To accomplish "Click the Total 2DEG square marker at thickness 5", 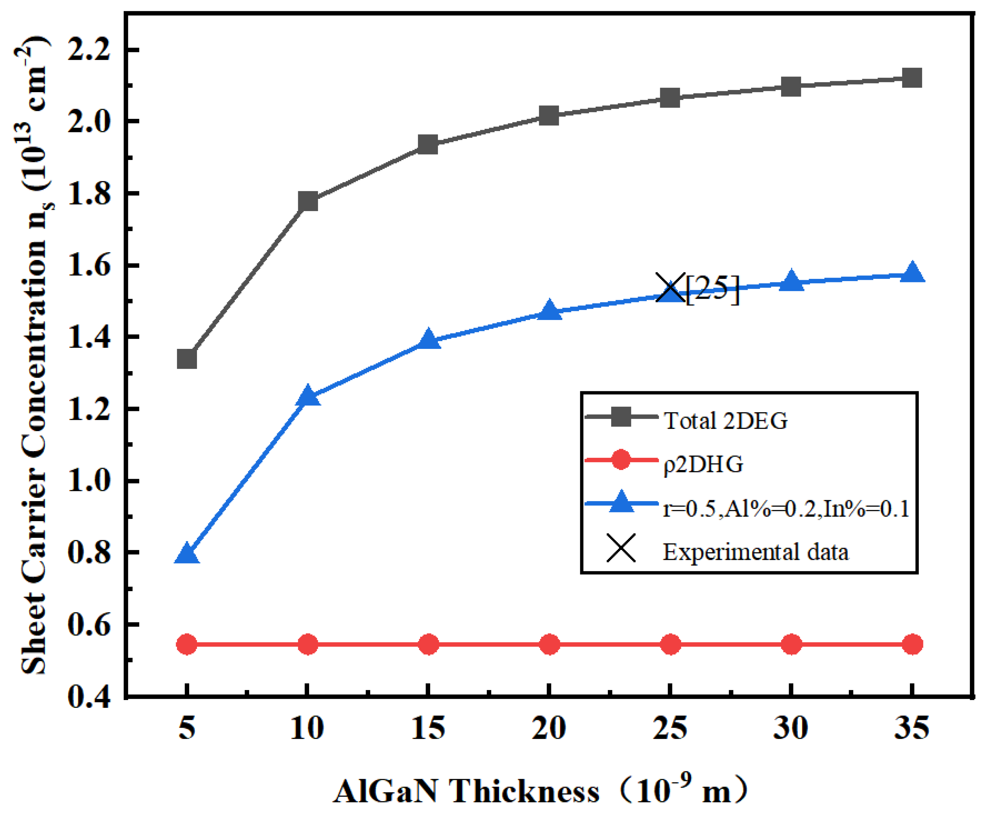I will click(187, 359).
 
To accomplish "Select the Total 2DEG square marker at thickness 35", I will click(912, 78).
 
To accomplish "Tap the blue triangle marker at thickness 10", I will click(308, 396).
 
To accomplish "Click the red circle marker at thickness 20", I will click(549, 644).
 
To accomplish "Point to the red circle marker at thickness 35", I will click(912, 644).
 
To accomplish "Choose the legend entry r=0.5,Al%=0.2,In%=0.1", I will click(786, 509).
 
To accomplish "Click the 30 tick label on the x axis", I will click(791, 729).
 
